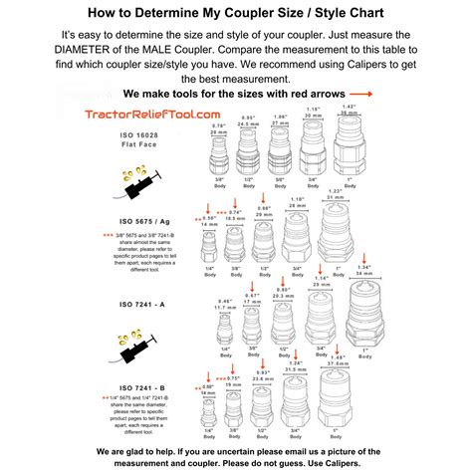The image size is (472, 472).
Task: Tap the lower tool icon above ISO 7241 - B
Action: pos(133,347)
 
